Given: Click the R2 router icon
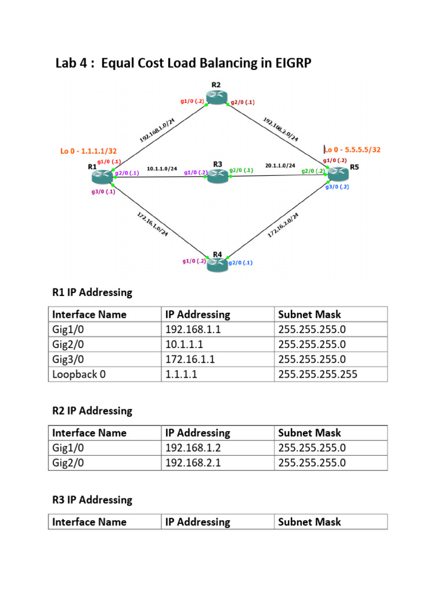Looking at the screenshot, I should [x=216, y=97].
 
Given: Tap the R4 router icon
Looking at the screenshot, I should [x=217, y=264].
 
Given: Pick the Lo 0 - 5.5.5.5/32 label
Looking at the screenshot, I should [x=353, y=149].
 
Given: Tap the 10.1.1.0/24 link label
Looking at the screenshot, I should [x=161, y=169].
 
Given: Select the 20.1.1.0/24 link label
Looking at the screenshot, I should [x=280, y=165].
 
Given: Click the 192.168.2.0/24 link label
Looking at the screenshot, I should [x=281, y=129].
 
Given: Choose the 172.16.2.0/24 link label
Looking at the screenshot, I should [x=283, y=225].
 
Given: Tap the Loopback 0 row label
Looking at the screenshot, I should [x=79, y=374].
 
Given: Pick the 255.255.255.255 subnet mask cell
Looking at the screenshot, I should [x=317, y=374].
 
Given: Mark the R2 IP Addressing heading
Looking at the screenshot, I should [x=92, y=410].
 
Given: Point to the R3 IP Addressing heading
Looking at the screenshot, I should [x=92, y=499].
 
